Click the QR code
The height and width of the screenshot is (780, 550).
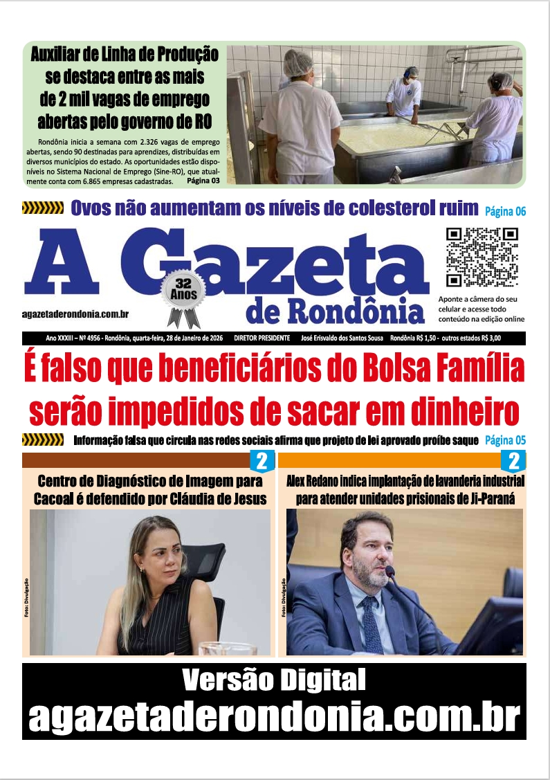tap(482, 257)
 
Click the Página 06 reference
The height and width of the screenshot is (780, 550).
tap(505, 210)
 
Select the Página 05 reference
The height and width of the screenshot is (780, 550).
tap(505, 440)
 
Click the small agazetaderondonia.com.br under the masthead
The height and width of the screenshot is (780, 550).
tap(75, 314)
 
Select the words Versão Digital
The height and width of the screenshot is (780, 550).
tap(274, 681)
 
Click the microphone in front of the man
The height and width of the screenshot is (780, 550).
tap(390, 572)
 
